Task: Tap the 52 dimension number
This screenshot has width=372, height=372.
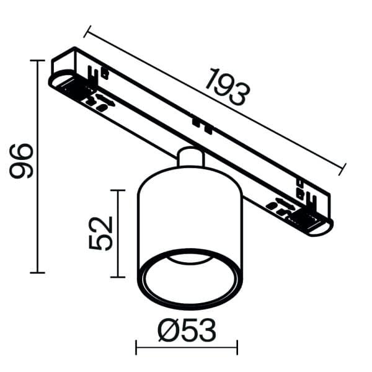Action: click(x=101, y=232)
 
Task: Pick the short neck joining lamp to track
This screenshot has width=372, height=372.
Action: click(x=190, y=157)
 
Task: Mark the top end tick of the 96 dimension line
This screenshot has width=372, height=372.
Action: click(x=37, y=60)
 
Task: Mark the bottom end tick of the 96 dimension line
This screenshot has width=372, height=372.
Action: click(x=37, y=272)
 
